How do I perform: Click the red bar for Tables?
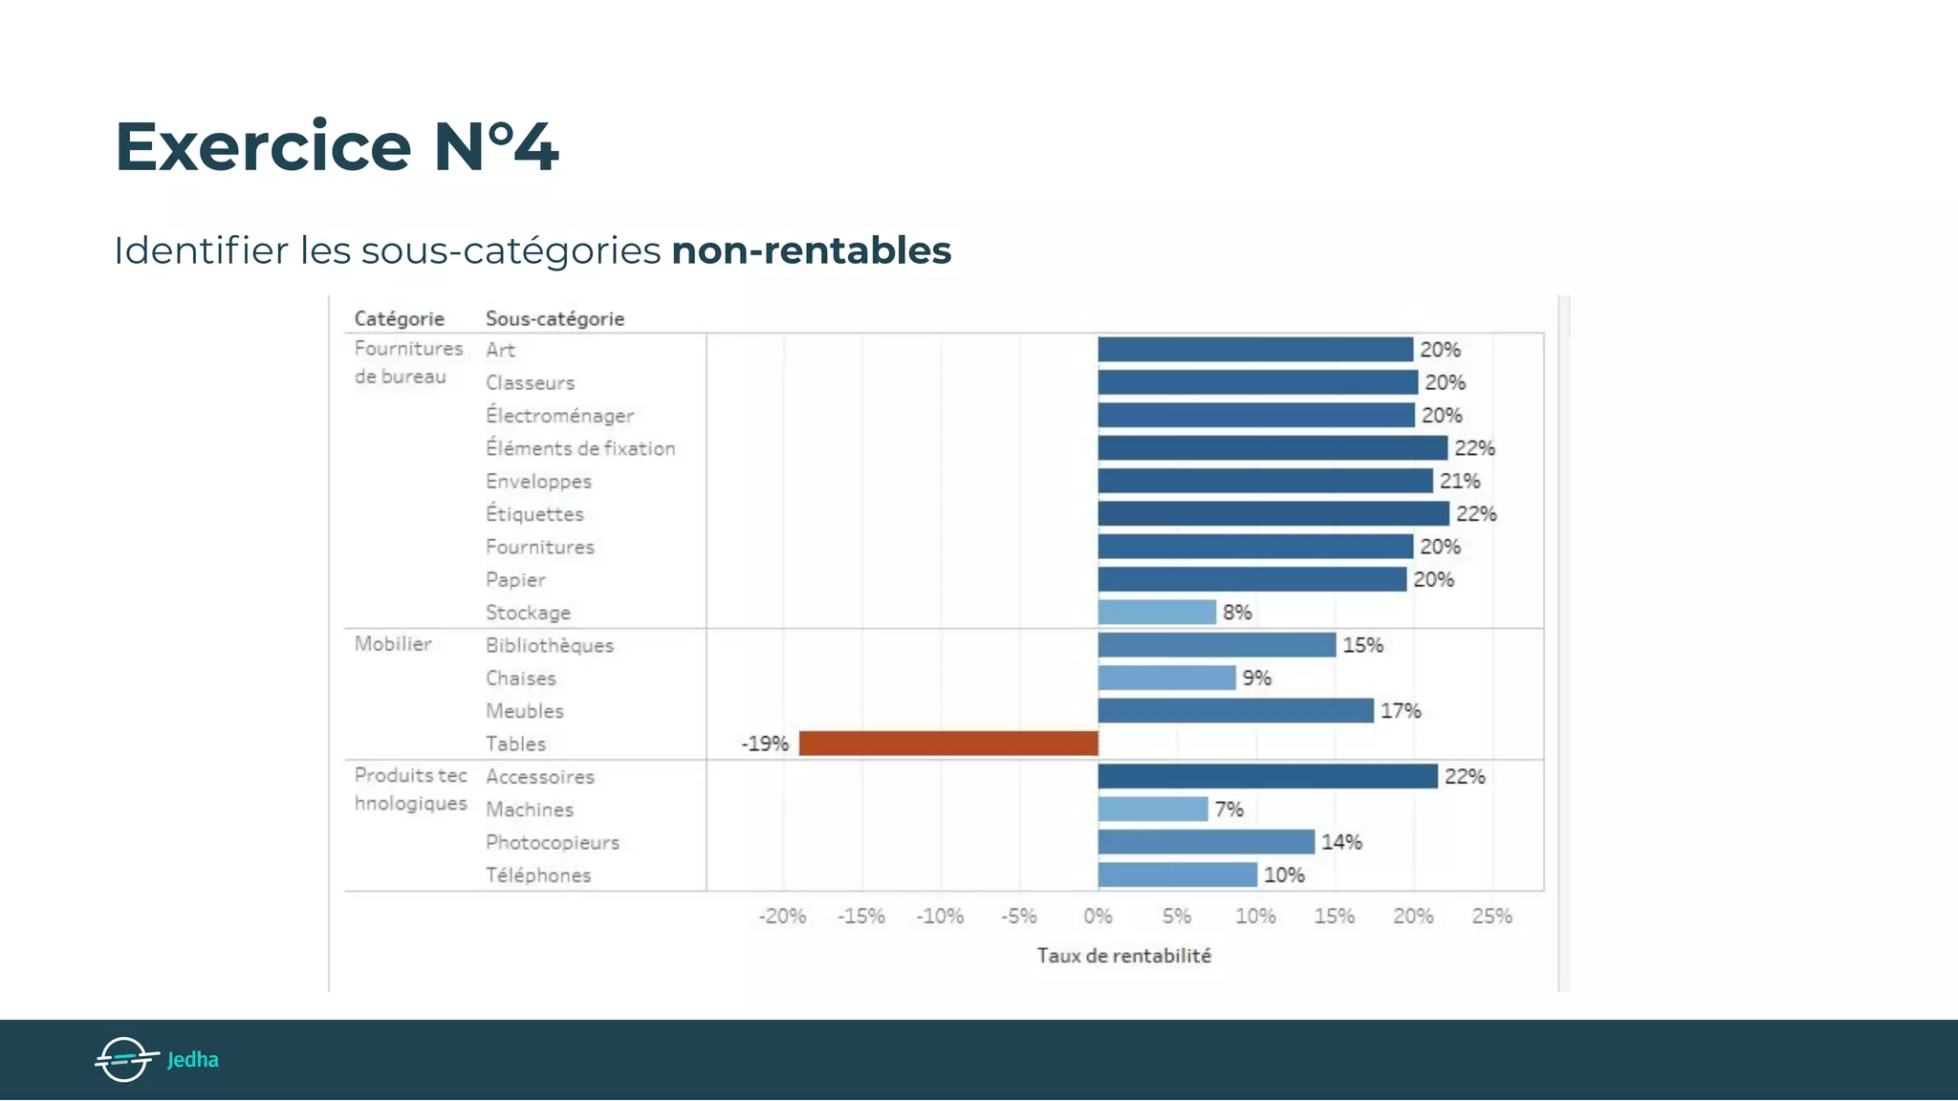click(948, 744)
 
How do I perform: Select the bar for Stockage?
click(1157, 612)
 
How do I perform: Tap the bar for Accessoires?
click(1268, 776)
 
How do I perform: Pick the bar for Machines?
click(1153, 810)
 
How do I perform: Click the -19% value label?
click(765, 744)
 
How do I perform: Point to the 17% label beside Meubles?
click(1401, 711)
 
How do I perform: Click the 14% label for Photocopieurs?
click(1341, 842)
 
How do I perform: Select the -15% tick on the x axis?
click(861, 917)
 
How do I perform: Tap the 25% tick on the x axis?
click(1491, 917)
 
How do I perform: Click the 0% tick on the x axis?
click(1098, 917)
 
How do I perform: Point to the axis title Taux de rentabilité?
click(1124, 956)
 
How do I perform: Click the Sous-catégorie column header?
click(555, 319)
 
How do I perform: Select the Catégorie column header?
click(400, 319)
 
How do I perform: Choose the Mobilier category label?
click(393, 644)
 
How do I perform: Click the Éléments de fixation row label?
click(580, 448)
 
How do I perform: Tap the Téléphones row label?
click(538, 875)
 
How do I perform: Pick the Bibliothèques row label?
click(550, 645)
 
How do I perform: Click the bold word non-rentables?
click(812, 250)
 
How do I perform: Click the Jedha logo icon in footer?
click(125, 1059)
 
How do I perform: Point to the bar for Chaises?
click(1166, 678)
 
